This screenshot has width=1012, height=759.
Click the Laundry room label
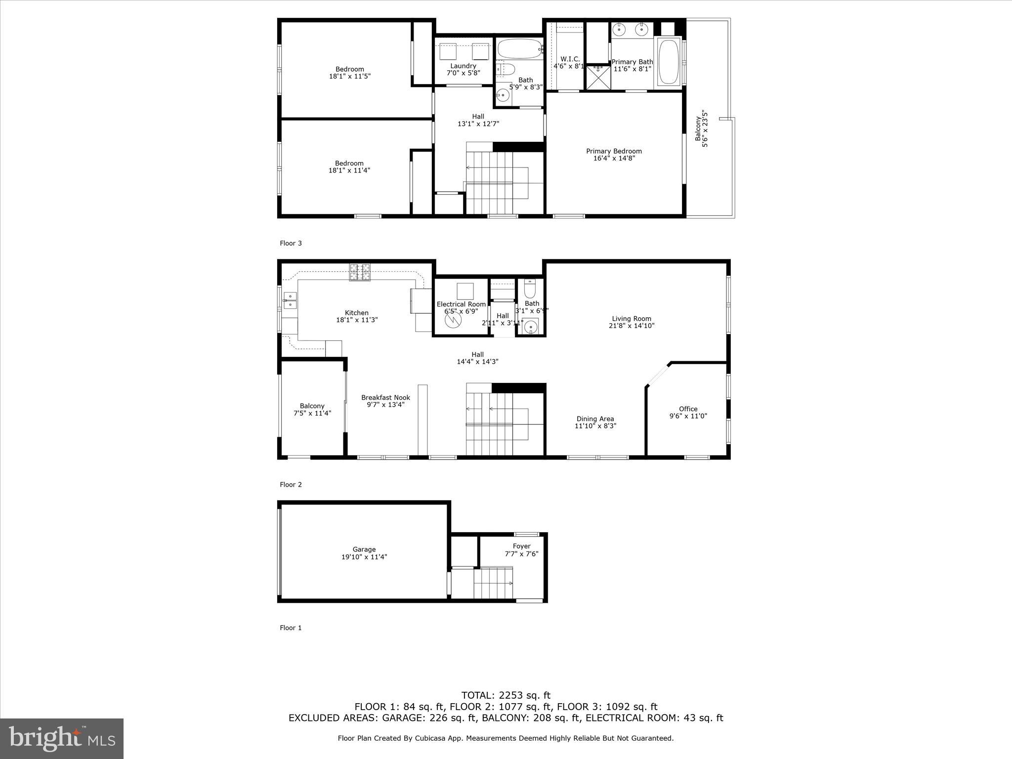point(463,66)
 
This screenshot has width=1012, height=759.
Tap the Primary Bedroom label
point(614,151)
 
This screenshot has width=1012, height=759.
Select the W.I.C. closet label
point(570,59)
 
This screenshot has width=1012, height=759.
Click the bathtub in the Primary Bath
point(669,62)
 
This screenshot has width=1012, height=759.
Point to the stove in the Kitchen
point(360,272)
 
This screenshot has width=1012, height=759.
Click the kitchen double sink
point(290,300)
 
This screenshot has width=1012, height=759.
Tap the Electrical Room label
point(461,304)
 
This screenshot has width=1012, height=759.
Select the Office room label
point(688,409)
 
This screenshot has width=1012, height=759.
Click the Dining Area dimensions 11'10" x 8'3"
point(595,426)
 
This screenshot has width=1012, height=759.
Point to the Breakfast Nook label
point(385,397)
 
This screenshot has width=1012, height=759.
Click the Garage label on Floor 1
point(364,549)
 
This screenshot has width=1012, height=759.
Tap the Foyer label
point(521,546)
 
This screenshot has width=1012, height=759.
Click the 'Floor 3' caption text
point(291,243)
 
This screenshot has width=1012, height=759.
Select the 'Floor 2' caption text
point(291,485)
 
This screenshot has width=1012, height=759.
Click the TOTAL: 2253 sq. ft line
point(506,695)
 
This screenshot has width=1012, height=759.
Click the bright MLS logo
point(62,738)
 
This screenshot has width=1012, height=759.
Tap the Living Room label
point(632,319)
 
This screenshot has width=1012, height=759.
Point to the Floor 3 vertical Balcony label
point(698,128)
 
